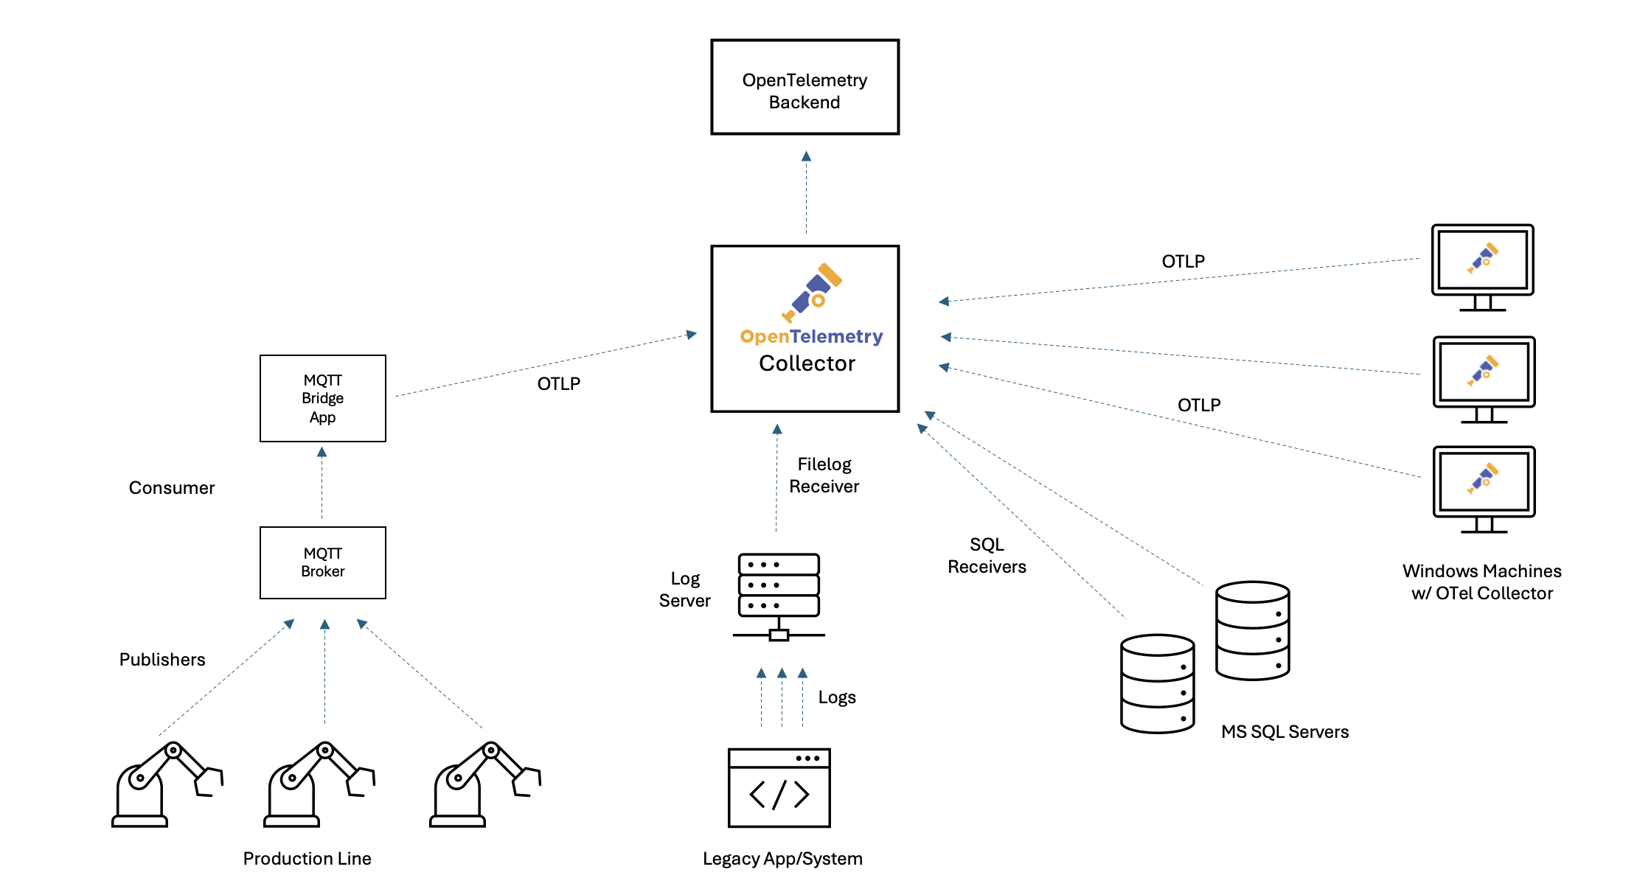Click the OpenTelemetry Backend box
point(804,88)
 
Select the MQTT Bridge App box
point(323,399)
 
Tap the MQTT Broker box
point(323,562)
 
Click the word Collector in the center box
point(807,363)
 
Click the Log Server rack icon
point(779,596)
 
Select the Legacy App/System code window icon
point(779,788)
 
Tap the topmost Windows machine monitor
point(1482,262)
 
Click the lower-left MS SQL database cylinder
point(1157,683)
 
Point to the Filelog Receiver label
point(824,475)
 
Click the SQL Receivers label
point(987,556)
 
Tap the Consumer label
point(172,488)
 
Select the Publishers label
point(162,660)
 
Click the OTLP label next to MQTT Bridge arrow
point(559,384)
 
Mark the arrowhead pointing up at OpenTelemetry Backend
point(806,156)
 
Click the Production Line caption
point(307,859)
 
